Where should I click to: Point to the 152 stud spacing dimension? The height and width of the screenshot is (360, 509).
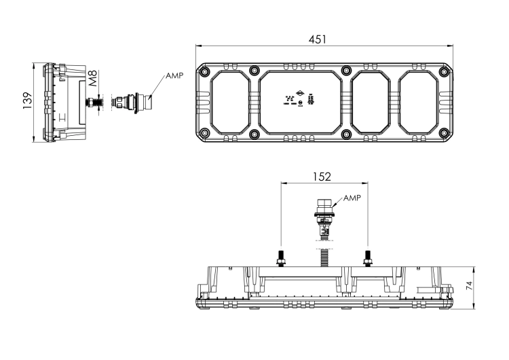pos(323,177)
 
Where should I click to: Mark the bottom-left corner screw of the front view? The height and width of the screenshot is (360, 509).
pos(206,135)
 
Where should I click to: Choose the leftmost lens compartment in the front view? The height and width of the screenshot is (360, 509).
pos(230,103)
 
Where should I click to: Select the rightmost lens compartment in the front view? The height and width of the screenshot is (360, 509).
pos(420,103)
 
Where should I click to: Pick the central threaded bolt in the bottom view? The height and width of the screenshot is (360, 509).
pos(324,258)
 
